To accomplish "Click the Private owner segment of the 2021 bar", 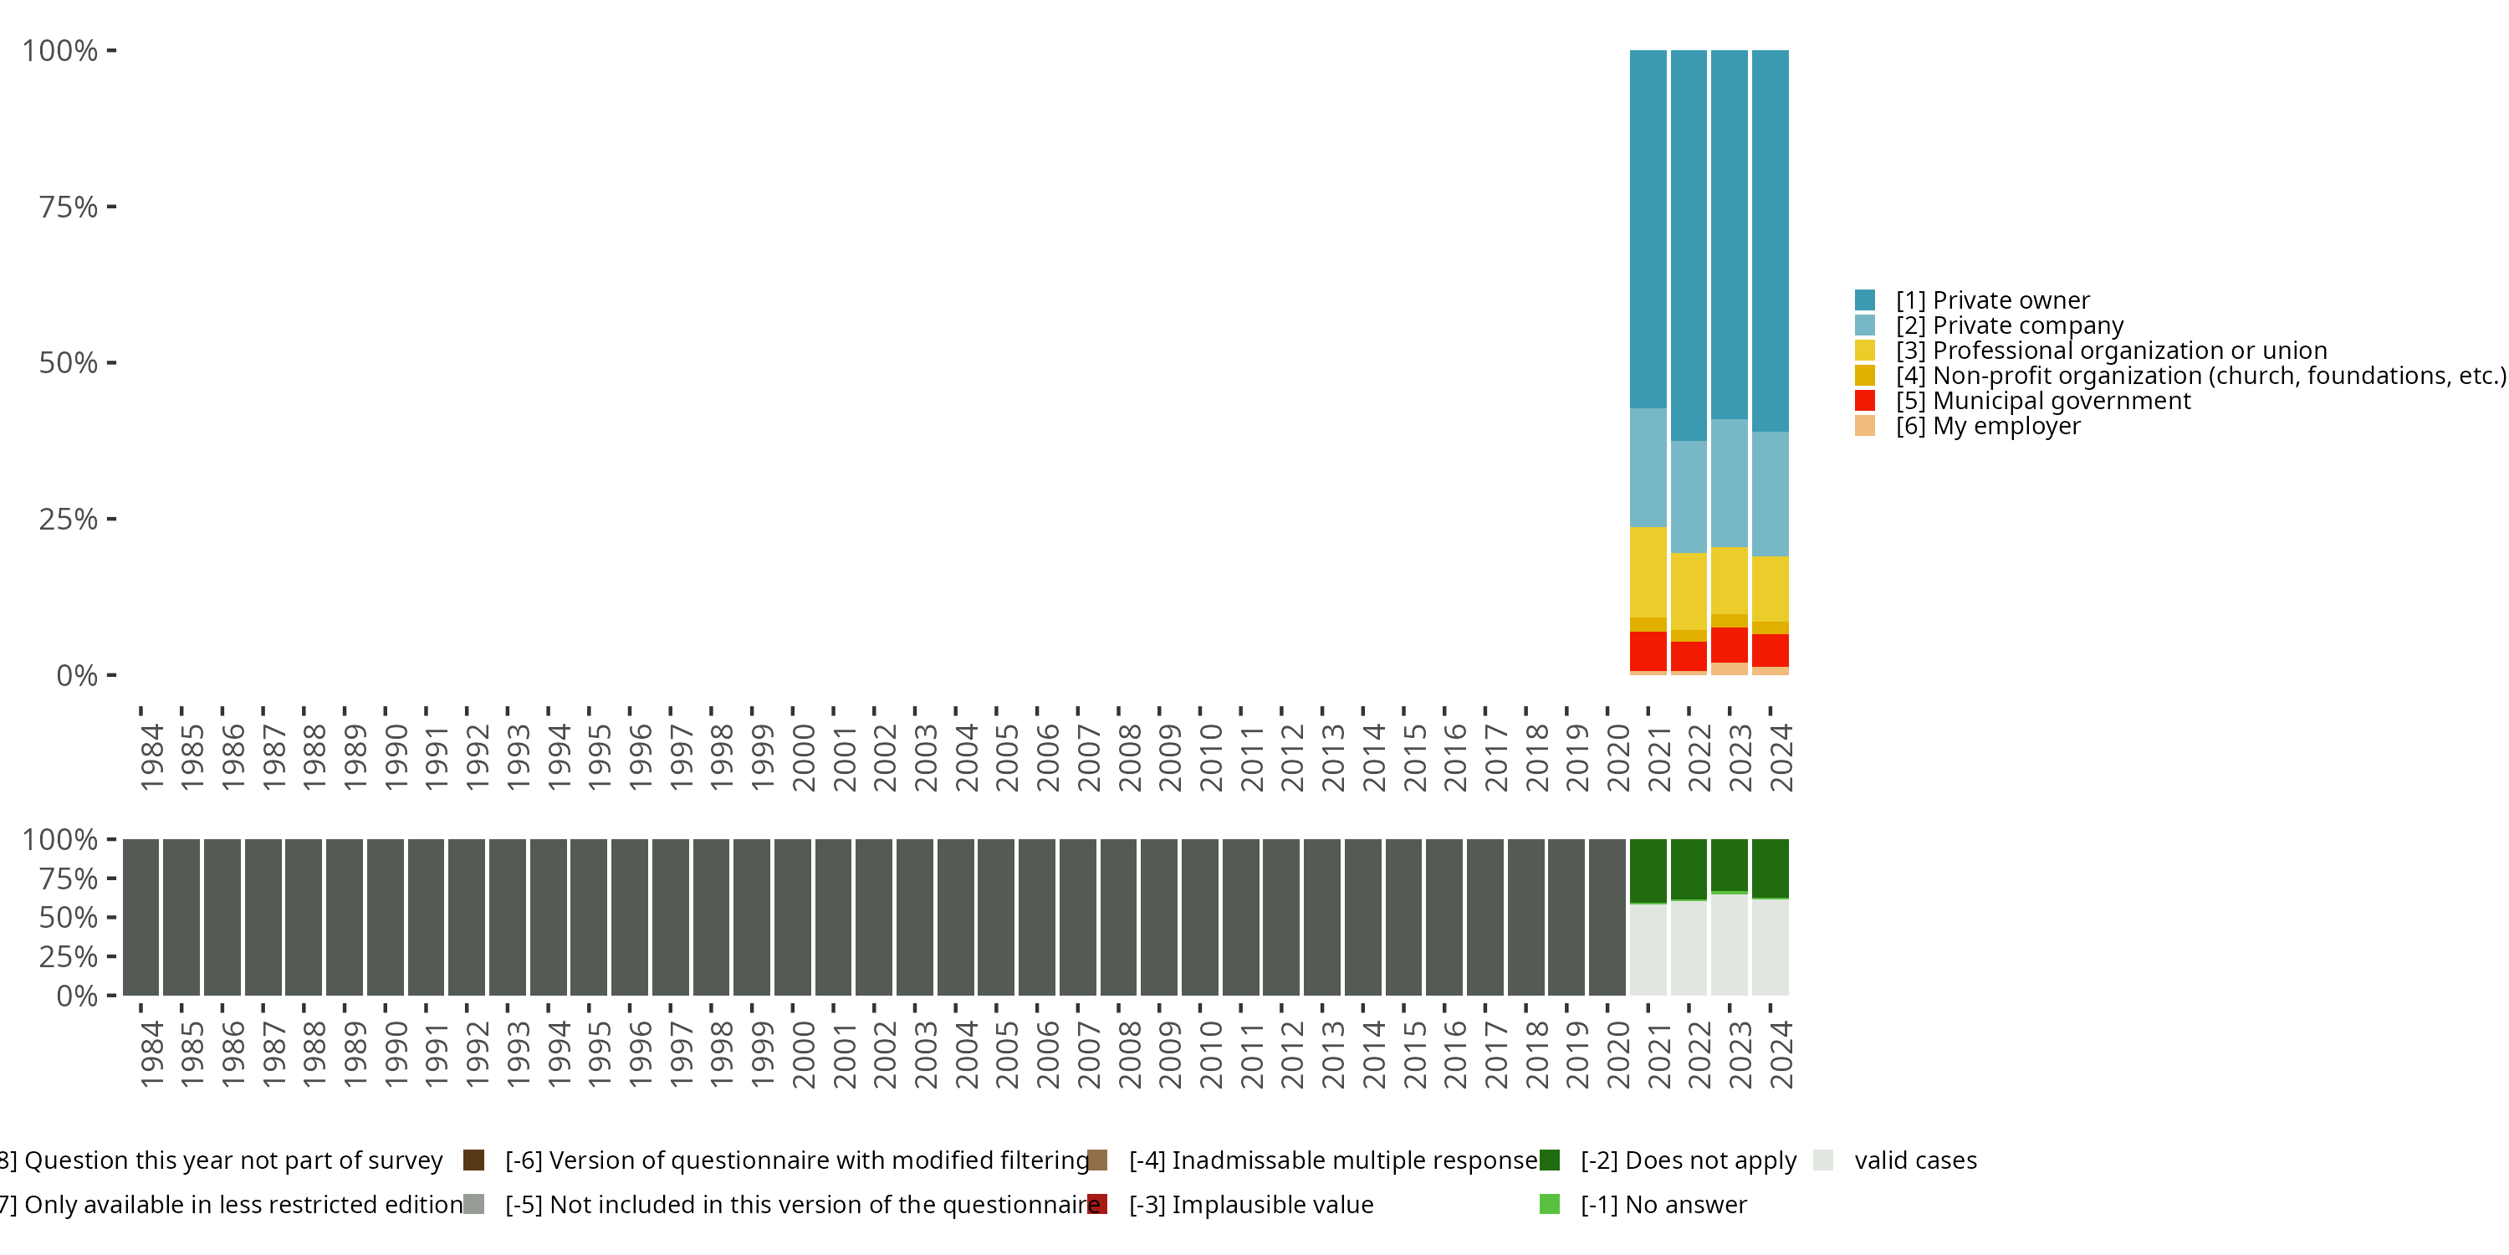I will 1647,229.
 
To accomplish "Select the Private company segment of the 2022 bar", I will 1688,497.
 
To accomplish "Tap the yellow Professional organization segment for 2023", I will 1729,580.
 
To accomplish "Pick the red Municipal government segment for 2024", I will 1770,650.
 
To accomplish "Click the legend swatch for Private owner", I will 1864,300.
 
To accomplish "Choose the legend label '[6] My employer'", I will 1987,427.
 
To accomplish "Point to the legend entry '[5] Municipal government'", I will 2042,402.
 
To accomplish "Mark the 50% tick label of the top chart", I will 69,363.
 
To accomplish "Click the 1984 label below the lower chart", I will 151,1054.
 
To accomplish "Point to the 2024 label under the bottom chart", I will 1781,1054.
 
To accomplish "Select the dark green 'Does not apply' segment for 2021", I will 1647,870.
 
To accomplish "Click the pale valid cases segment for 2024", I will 1770,946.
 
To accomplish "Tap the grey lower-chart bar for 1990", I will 386,917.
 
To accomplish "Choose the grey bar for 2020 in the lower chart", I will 1606,917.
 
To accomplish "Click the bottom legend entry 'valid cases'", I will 1915,1160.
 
